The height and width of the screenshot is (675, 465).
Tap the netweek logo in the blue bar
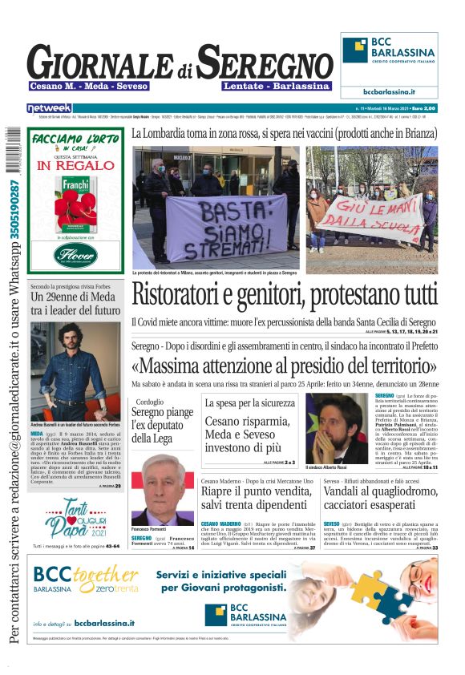click(49, 107)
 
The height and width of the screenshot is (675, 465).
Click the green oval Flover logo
click(75, 255)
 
